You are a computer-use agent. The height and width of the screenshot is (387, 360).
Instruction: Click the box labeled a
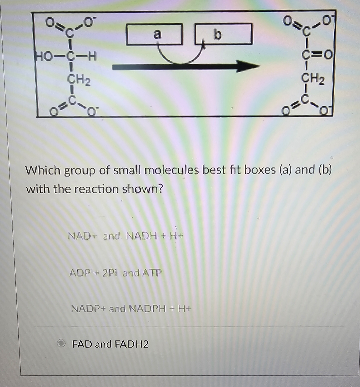tap(154, 34)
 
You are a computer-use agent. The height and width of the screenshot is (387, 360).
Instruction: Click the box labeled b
tap(223, 34)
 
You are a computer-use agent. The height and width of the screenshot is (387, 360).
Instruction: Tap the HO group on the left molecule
tap(43, 57)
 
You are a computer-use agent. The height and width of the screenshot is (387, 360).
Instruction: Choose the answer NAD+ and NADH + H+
tap(125, 236)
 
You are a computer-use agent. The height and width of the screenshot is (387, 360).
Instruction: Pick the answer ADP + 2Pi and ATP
tap(115, 273)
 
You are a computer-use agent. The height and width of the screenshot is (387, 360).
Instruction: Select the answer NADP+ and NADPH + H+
tap(131, 309)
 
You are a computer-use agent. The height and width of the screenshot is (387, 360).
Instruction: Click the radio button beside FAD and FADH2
tap(61, 343)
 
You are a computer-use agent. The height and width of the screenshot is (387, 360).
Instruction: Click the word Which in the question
tap(42, 170)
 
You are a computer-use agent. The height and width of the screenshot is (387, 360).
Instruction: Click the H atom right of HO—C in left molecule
tap(92, 57)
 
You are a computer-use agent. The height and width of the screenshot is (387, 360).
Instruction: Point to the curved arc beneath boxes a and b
tap(182, 60)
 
